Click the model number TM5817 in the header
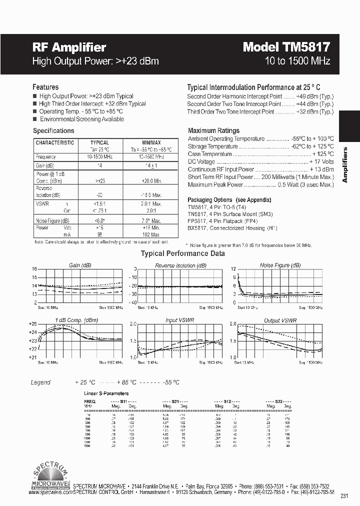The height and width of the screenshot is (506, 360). point(305,47)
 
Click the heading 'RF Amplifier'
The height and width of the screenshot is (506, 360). point(69,47)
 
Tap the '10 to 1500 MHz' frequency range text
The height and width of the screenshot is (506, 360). point(297,61)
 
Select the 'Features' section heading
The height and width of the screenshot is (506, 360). point(45,87)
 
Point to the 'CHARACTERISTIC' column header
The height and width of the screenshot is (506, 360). point(55,142)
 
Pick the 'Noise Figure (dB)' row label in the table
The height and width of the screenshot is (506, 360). point(52,220)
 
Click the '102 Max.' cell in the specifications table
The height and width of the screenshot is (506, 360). point(150,234)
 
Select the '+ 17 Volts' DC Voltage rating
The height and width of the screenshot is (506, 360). point(321,162)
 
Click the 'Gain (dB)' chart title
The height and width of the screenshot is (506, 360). point(80,265)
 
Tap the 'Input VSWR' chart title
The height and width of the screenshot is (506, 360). point(179,319)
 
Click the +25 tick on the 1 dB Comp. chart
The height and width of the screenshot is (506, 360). point(33,324)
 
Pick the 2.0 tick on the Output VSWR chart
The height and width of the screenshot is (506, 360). point(232,324)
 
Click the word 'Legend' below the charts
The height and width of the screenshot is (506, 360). point(40,382)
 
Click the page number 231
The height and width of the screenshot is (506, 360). point(343,496)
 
